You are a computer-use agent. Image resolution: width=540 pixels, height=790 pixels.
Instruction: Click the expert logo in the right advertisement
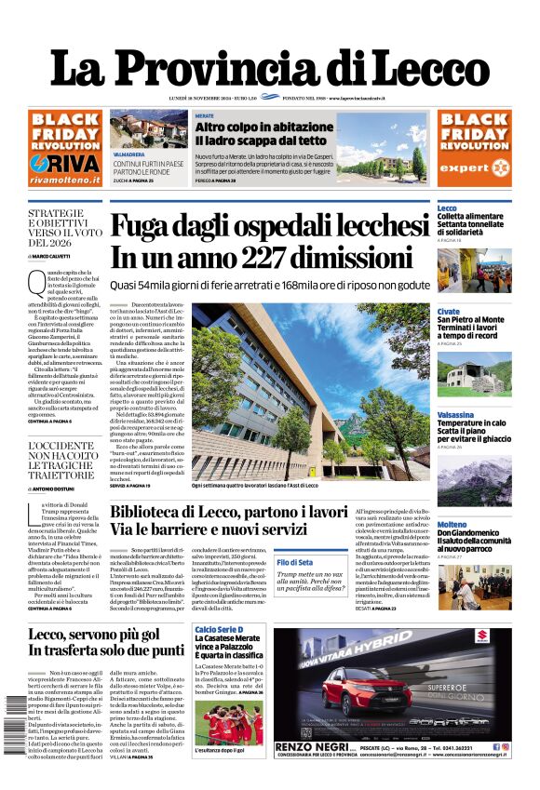click(475, 167)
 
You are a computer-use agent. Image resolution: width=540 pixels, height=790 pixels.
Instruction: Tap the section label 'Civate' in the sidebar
click(448, 312)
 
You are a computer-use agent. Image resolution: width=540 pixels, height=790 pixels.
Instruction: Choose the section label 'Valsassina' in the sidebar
click(455, 415)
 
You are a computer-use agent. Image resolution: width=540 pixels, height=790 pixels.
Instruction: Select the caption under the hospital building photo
click(267, 486)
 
